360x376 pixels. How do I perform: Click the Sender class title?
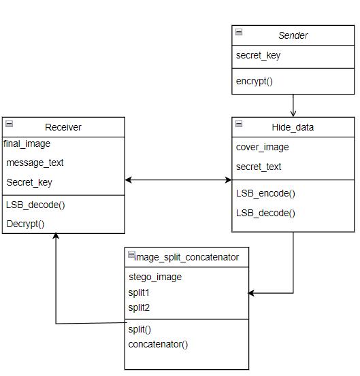(x=293, y=35)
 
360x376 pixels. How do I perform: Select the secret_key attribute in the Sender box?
(x=258, y=55)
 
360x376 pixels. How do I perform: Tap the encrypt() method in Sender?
(x=254, y=81)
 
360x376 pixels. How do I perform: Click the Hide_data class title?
(x=293, y=127)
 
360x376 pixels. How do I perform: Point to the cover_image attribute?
(x=262, y=148)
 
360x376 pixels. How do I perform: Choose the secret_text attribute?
(x=259, y=167)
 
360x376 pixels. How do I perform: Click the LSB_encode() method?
(x=265, y=193)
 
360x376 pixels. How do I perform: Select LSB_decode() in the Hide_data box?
(x=265, y=213)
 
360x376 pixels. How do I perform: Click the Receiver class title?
(x=63, y=127)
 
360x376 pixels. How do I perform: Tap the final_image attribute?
(x=27, y=144)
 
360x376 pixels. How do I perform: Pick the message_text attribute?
(x=35, y=163)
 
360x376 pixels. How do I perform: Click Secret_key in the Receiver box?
(x=29, y=182)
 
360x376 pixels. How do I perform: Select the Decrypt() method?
(x=25, y=224)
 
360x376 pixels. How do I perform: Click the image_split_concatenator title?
(x=186, y=257)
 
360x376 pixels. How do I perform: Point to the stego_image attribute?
(x=155, y=277)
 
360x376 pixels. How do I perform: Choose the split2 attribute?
(x=139, y=307)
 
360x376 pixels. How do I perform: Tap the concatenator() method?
(x=158, y=345)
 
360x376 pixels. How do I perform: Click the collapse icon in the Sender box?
(x=239, y=32)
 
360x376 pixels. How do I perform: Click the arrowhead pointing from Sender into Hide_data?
(x=293, y=114)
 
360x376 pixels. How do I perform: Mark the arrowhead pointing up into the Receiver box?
(x=56, y=235)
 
